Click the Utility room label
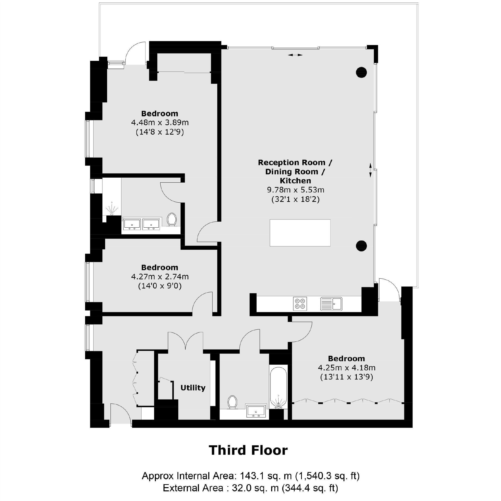click(193, 388)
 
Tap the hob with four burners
click(300, 304)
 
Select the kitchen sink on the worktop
click(332, 304)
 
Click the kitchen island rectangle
click(300, 233)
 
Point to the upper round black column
click(361, 72)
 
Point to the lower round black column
click(361, 246)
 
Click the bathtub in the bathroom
click(278, 387)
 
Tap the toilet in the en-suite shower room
click(171, 219)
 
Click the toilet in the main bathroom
click(232, 403)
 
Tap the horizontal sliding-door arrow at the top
click(295, 55)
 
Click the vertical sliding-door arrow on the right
click(370, 170)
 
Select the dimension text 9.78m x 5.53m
click(295, 190)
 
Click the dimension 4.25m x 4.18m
click(346, 367)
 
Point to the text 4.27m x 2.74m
click(160, 277)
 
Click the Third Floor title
click(248, 451)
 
